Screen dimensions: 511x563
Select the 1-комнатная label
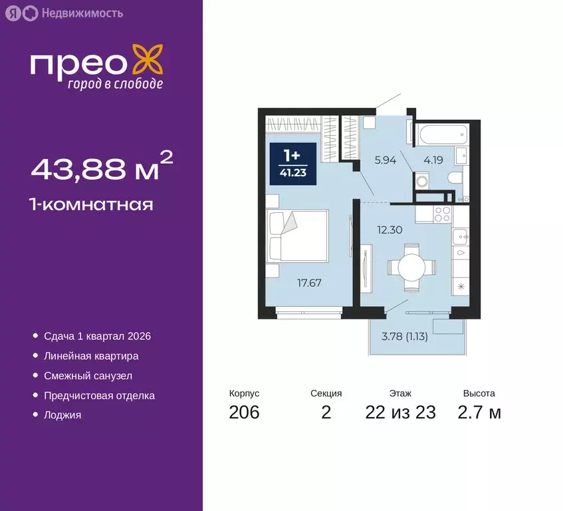[x=92, y=204]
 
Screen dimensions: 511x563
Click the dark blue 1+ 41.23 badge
[x=291, y=163]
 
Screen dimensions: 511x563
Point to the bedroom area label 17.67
[x=309, y=282]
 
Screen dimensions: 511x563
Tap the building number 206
[x=244, y=413]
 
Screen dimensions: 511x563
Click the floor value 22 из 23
[x=400, y=413]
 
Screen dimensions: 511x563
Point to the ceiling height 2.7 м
[x=479, y=413]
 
